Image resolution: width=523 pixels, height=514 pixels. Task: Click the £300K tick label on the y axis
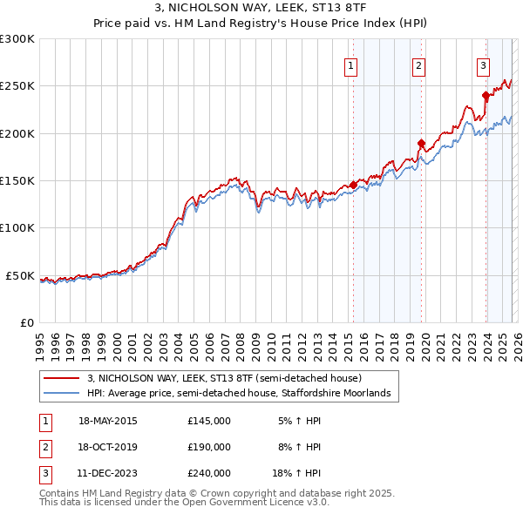(x=17, y=39)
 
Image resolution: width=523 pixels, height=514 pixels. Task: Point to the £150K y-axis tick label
(x=17, y=181)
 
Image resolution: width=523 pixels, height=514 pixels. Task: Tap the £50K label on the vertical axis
(x=21, y=275)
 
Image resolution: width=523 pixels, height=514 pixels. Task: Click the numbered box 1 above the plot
(x=351, y=64)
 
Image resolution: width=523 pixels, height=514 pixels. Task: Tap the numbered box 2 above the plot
(x=419, y=64)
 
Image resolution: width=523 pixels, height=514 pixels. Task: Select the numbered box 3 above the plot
(x=483, y=64)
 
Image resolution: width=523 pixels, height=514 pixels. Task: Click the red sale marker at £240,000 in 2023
(x=486, y=96)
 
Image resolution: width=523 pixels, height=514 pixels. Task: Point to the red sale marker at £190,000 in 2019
(x=421, y=143)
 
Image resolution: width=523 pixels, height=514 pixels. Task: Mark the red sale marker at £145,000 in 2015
(x=353, y=185)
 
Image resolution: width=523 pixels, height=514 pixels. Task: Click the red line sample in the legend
(x=63, y=379)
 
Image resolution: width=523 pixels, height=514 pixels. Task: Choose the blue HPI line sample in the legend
(x=63, y=394)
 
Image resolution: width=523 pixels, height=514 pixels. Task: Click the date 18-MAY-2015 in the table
(x=108, y=421)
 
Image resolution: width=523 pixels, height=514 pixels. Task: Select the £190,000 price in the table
(x=208, y=447)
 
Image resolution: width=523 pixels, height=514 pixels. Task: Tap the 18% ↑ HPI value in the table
(x=296, y=473)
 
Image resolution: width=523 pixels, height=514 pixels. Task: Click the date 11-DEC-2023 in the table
(x=108, y=473)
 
